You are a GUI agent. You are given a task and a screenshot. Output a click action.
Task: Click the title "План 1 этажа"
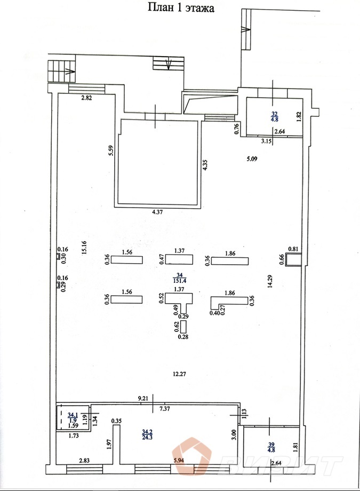pyautogui.click(x=180, y=7)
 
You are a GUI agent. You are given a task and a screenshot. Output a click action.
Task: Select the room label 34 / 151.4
pyautogui.click(x=179, y=278)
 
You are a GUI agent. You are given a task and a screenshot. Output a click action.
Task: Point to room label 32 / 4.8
pyautogui.click(x=275, y=117)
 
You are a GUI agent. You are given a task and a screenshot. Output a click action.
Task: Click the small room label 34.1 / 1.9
pyautogui.click(x=73, y=417)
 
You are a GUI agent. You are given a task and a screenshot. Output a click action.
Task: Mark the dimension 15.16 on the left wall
pyautogui.click(x=84, y=248)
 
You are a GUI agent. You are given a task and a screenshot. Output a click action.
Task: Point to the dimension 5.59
pyautogui.click(x=110, y=151)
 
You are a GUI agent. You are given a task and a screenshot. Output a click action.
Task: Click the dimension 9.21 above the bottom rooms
pyautogui.click(x=142, y=398)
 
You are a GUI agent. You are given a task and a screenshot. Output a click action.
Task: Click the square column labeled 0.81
pyautogui.click(x=293, y=259)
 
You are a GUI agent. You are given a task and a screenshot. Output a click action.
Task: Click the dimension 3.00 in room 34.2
pyautogui.click(x=233, y=434)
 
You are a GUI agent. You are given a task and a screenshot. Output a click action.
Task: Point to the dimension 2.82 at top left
pyautogui.click(x=87, y=98)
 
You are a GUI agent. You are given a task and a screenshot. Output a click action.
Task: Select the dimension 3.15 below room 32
pyautogui.click(x=267, y=141)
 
